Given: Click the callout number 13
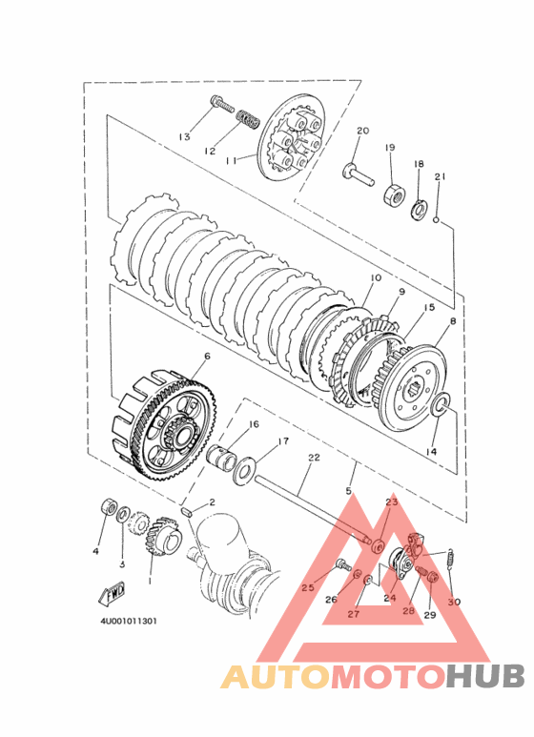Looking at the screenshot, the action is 185,136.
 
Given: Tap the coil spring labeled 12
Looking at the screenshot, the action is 248,119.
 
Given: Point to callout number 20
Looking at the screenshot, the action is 363,131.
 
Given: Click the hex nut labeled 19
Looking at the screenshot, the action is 394,194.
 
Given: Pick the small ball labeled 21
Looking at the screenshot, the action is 436,219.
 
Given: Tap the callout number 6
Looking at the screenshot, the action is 207,357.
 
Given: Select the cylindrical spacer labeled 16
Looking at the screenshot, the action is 225,456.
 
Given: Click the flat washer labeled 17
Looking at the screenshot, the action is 245,470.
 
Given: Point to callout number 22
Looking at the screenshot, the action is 314,458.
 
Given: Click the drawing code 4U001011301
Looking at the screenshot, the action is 129,622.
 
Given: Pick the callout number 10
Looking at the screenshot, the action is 376,278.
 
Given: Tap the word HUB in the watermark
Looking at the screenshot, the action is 485,676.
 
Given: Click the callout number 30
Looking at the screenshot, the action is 454,602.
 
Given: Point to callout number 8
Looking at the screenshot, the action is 453,322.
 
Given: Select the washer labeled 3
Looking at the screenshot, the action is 124,515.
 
